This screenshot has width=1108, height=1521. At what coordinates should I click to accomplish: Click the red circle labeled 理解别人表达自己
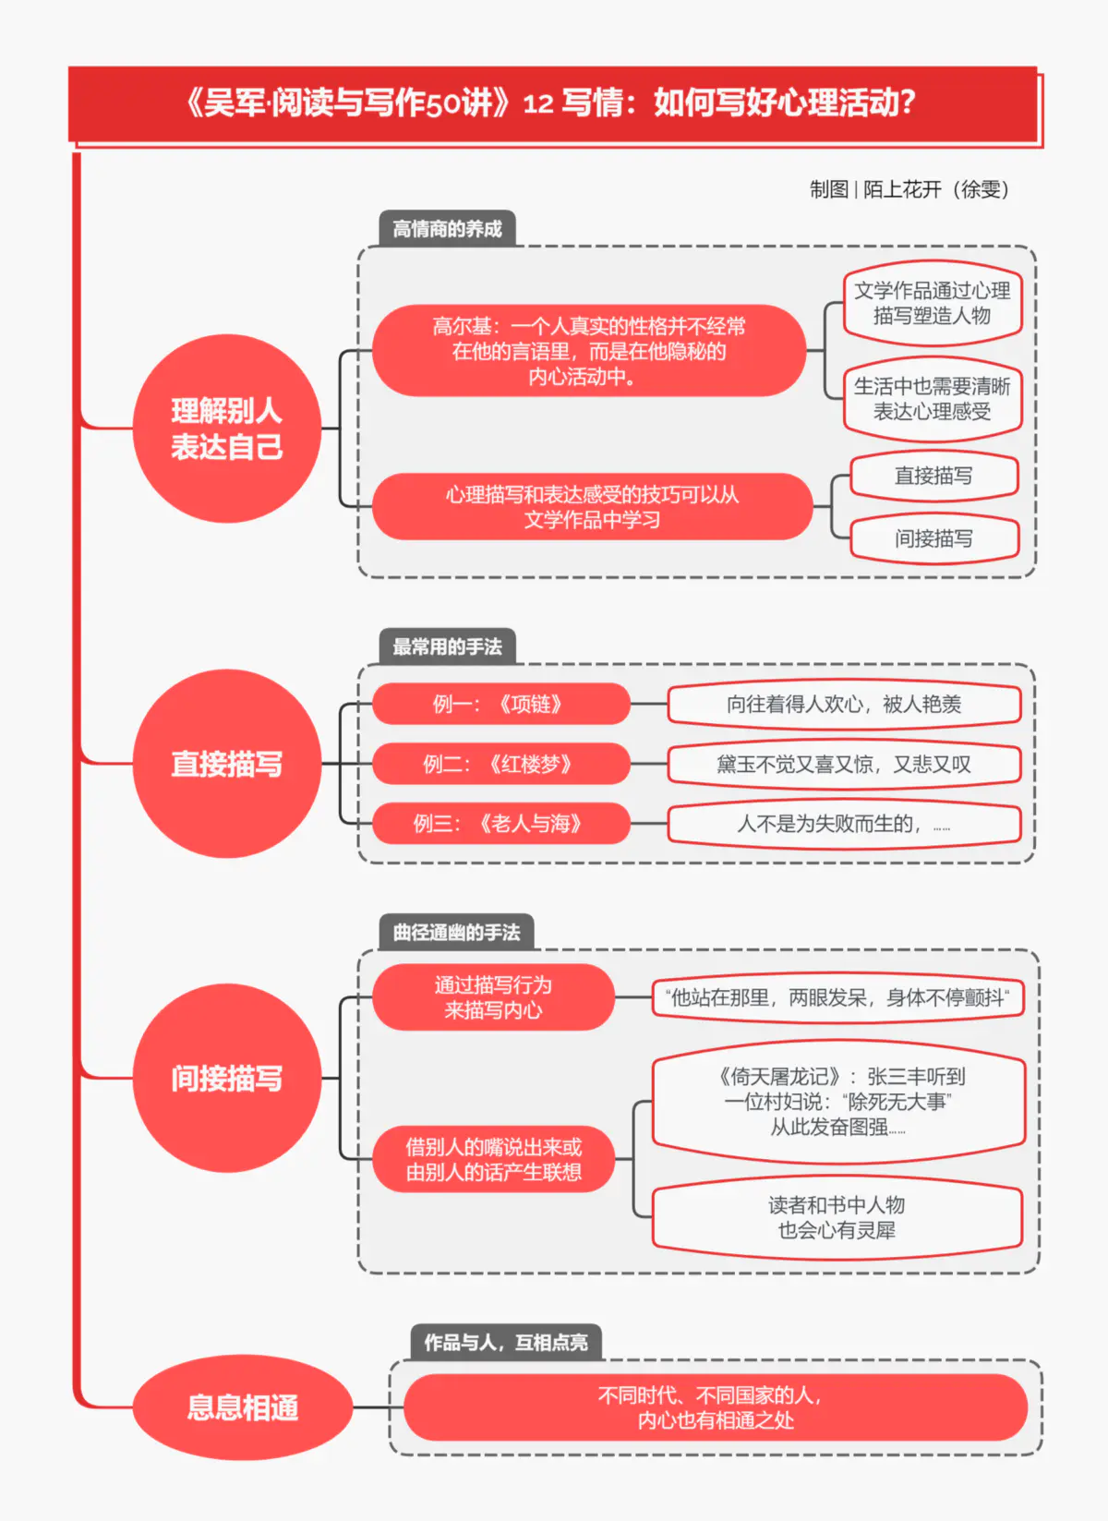227,429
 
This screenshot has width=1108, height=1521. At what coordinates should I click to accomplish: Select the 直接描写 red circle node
227,764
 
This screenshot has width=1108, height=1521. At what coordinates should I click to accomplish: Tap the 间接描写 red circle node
227,1078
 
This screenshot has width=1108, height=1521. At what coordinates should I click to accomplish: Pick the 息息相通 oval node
243,1407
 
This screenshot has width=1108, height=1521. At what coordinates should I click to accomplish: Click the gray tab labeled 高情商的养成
447,228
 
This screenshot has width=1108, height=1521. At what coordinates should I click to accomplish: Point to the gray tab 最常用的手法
447,646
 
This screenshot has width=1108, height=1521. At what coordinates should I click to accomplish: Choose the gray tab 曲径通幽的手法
456,933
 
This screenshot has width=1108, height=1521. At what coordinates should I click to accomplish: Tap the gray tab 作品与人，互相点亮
505,1342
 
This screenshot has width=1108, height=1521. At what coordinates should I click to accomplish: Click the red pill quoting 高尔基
589,351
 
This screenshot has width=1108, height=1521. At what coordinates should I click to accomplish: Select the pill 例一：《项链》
500,704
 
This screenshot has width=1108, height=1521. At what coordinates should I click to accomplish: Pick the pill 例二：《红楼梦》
500,764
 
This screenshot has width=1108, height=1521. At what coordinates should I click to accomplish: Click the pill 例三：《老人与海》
500,823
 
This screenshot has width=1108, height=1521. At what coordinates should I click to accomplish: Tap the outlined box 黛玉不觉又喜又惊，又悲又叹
844,764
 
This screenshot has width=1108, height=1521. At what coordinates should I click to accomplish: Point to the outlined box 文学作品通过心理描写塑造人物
932,303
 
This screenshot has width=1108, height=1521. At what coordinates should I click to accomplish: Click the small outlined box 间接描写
933,538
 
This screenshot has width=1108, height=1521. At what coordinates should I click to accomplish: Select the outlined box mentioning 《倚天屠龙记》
838,1101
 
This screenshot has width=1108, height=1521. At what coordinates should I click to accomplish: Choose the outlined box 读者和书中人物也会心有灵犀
837,1217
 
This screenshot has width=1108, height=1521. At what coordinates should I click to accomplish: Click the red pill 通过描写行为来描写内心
493,997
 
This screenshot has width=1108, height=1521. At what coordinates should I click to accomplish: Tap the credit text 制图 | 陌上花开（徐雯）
909,189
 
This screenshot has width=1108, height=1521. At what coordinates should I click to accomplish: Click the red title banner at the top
554,103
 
